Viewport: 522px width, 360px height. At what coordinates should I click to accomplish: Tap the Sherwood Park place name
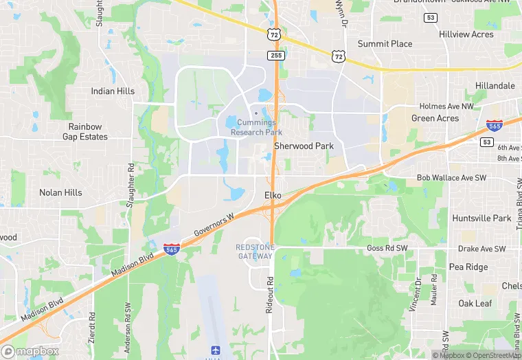[x=304, y=146]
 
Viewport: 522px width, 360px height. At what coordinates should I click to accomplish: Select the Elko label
[x=273, y=196]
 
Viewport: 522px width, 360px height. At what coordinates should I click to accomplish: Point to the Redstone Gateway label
[x=255, y=251]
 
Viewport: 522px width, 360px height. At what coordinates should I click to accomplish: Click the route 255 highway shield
[x=276, y=55]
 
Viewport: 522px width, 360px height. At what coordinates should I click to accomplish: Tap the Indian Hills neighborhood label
[x=113, y=91]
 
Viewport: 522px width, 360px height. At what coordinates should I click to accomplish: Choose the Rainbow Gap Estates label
[x=88, y=132]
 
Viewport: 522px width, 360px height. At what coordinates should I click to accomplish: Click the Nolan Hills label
[x=60, y=193]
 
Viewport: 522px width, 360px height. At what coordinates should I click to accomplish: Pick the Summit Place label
[x=385, y=44]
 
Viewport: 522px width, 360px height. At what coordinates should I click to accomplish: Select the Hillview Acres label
[x=466, y=34]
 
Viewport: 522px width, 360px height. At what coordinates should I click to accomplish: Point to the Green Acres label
[x=435, y=118]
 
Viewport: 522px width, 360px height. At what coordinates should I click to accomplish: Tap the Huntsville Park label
[x=481, y=218]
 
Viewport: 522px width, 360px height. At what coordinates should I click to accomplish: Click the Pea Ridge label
[x=468, y=267]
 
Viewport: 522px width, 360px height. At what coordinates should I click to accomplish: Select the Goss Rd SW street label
[x=387, y=248]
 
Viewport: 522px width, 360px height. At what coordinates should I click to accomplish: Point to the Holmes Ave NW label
[x=447, y=106]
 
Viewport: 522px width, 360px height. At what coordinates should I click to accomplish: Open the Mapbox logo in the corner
[x=30, y=352]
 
